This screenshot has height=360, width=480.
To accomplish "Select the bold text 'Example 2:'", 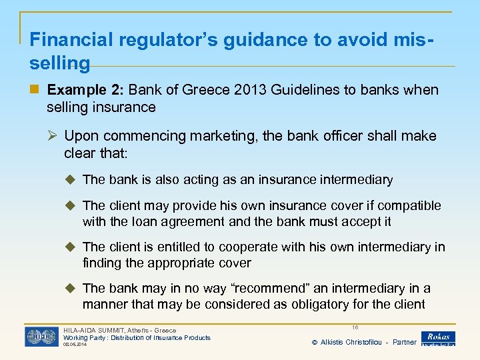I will click(86, 90).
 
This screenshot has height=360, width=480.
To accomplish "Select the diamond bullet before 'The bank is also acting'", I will click(72, 179).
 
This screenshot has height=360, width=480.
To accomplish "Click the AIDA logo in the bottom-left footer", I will click(41, 337).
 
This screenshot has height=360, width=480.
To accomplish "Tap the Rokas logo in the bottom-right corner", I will click(438, 339).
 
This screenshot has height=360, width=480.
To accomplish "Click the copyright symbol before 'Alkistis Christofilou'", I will click(314, 342).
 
